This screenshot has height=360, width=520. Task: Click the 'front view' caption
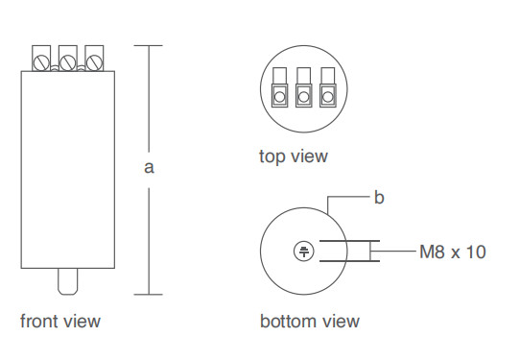60,322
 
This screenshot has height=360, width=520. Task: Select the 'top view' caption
294,156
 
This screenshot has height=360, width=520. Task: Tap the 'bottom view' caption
310,322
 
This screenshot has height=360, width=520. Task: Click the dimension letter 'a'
149,168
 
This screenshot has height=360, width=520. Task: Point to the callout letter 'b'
379,198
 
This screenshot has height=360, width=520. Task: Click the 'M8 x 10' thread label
453,252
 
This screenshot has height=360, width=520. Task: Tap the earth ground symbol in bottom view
304,252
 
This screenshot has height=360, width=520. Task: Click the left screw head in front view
41,62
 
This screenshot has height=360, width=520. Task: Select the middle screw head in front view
68,62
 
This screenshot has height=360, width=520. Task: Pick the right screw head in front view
94,62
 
